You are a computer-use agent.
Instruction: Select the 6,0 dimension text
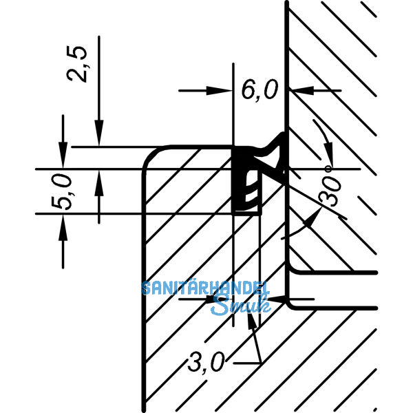click(260, 90)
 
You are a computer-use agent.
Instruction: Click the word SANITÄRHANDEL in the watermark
click(205, 288)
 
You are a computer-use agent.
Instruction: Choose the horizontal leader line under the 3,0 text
click(244, 362)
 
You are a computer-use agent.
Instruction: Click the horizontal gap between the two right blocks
click(334, 289)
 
